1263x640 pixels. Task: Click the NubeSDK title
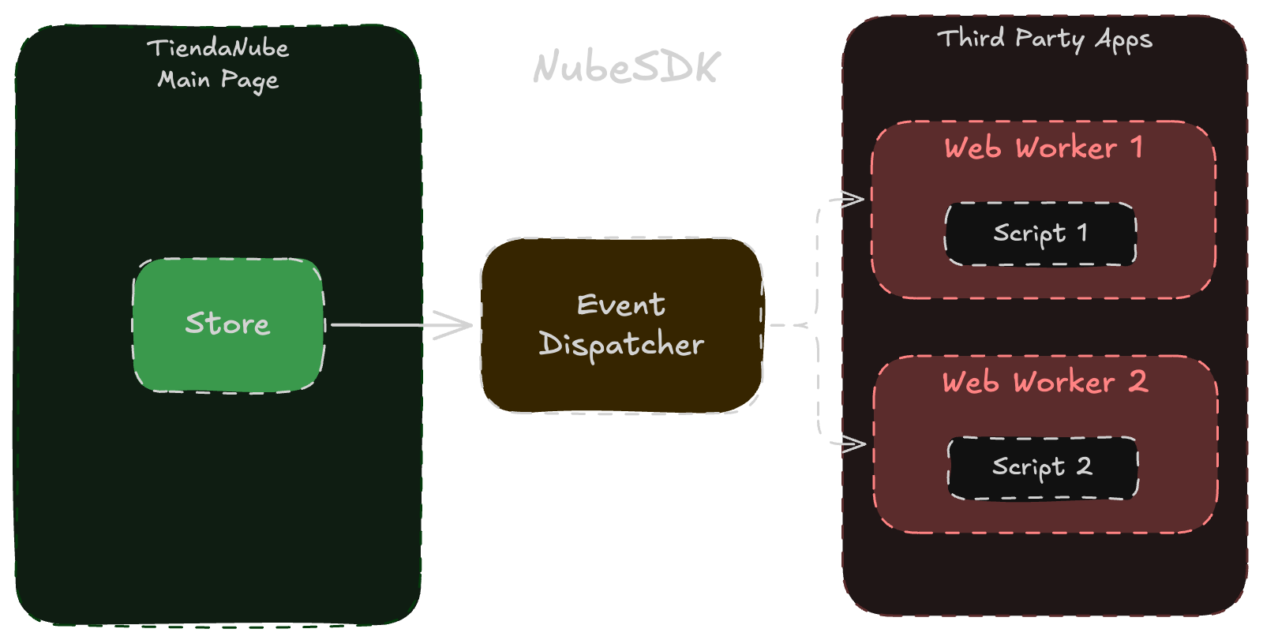point(626,67)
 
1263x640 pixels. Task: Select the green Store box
point(228,347)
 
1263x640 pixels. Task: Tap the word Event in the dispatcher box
point(620,305)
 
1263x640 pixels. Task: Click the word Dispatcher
point(621,345)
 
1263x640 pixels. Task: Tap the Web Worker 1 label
point(1043,148)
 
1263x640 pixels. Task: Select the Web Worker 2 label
point(1044,382)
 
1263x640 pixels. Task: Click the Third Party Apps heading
point(1044,39)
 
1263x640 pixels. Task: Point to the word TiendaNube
point(218,48)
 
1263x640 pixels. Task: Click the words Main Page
point(218,80)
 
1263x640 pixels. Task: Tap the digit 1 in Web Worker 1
point(1137,147)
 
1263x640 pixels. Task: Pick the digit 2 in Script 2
point(1085,466)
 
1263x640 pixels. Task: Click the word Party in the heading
point(1050,39)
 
